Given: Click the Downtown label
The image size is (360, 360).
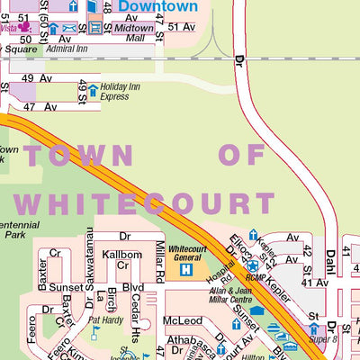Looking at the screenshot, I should (158, 7).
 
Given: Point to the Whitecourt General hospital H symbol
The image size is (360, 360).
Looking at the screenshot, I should (185, 268).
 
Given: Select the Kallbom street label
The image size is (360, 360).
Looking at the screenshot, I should (121, 255).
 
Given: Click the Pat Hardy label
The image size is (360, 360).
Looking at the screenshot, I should (105, 319).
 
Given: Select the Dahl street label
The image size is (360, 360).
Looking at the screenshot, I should (330, 267).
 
